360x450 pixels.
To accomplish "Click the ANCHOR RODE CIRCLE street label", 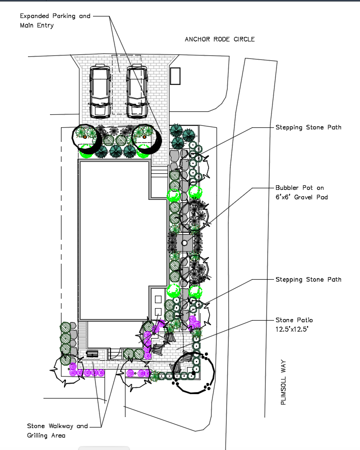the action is [x=219, y=39].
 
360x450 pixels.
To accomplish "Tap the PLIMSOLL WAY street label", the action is [x=283, y=384].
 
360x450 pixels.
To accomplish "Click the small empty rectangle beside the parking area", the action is [x=175, y=76].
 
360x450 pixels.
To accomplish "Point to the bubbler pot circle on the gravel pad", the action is [x=184, y=243].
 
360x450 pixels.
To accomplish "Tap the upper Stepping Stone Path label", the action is [x=308, y=127].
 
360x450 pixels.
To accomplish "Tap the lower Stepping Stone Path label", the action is [x=308, y=279].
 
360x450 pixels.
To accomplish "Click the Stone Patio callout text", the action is [x=294, y=320].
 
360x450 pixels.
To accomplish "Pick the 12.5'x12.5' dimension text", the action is [x=292, y=329].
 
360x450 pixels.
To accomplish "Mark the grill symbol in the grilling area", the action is [x=92, y=354].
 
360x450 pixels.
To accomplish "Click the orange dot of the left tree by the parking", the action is [x=85, y=136].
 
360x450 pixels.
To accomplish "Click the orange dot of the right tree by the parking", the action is [x=144, y=136].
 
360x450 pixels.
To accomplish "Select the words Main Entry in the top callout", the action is [x=36, y=25].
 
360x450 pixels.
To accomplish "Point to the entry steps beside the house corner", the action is [x=158, y=171].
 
